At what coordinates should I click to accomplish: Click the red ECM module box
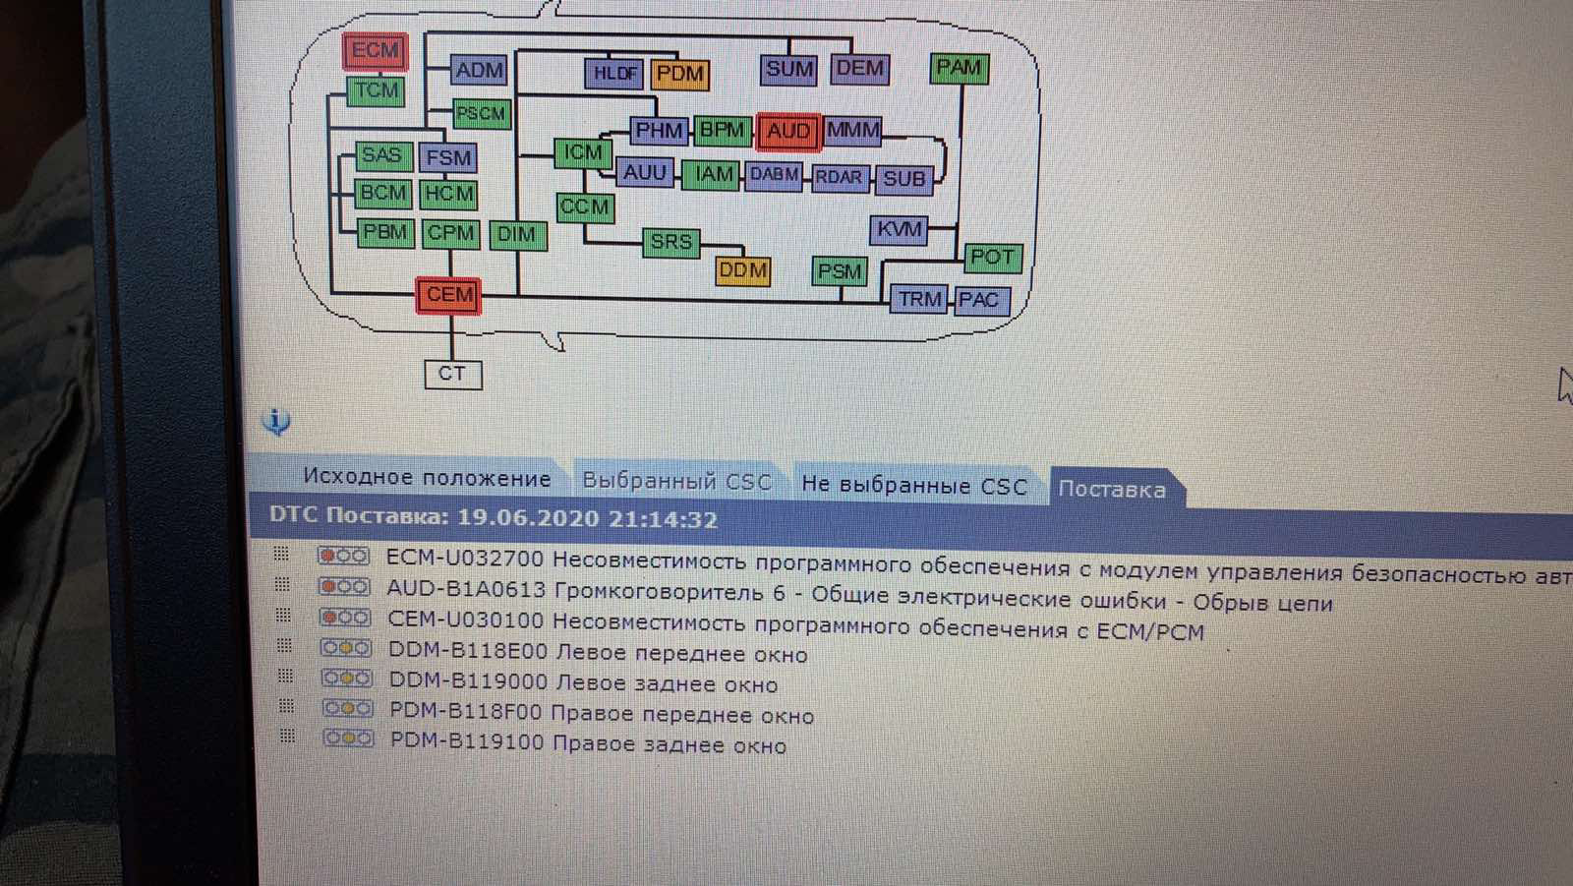pyautogui.click(x=375, y=51)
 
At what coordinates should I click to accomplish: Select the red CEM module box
pyautogui.click(x=449, y=295)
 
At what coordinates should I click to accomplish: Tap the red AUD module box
pyautogui.click(x=787, y=132)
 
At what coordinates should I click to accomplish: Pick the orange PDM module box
pyautogui.click(x=679, y=74)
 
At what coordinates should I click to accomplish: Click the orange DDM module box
pyautogui.click(x=742, y=270)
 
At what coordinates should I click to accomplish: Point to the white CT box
pyautogui.click(x=452, y=374)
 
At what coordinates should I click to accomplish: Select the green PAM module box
pyautogui.click(x=959, y=68)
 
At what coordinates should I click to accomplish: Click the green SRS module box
pyautogui.click(x=670, y=242)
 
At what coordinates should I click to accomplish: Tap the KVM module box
pyautogui.click(x=900, y=230)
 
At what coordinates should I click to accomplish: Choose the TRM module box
pyautogui.click(x=920, y=299)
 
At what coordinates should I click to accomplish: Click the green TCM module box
pyautogui.click(x=377, y=91)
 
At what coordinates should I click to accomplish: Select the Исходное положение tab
pyautogui.click(x=427, y=478)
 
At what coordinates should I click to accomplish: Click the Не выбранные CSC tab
pyautogui.click(x=913, y=485)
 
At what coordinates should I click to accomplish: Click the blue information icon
pyautogui.click(x=276, y=422)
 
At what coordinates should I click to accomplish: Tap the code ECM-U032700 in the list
pyautogui.click(x=464, y=559)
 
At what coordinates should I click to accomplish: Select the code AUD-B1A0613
pyautogui.click(x=466, y=590)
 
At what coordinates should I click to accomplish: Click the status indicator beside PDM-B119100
pyautogui.click(x=348, y=738)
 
